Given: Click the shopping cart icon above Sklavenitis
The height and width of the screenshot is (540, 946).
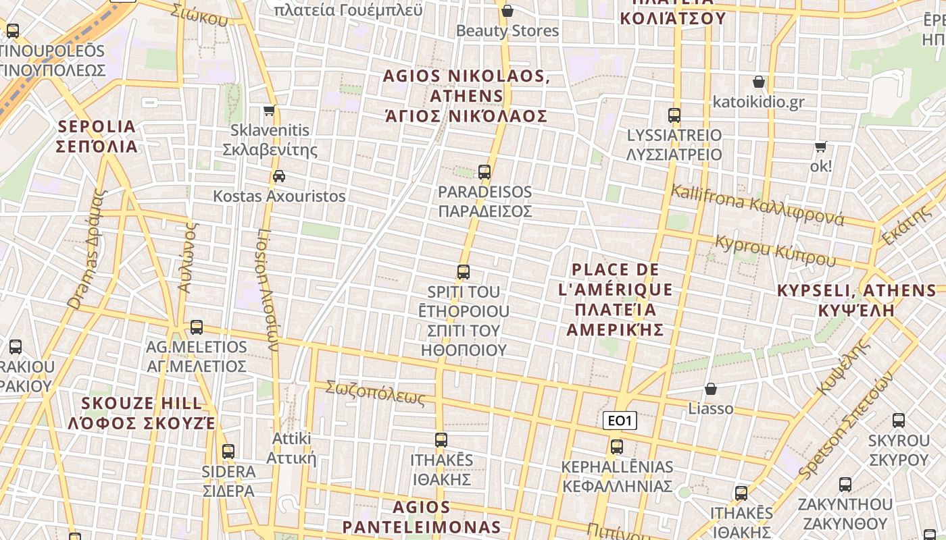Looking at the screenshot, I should [x=270, y=110].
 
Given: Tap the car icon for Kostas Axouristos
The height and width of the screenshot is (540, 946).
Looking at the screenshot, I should [x=278, y=176].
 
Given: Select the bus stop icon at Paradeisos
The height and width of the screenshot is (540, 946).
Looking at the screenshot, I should [x=484, y=171].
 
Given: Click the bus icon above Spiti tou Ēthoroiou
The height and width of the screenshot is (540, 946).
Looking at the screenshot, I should [x=463, y=272].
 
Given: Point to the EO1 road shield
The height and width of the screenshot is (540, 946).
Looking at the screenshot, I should [x=620, y=421].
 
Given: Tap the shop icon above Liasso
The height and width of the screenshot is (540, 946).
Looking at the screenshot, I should [x=710, y=389].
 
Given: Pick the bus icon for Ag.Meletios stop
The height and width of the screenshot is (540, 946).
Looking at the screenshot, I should [x=197, y=327].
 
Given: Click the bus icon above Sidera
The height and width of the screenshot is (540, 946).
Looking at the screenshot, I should [x=228, y=452].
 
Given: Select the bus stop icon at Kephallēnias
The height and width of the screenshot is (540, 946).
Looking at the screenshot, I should [x=616, y=447].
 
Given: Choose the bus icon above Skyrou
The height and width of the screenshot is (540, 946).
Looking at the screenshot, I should [x=899, y=421].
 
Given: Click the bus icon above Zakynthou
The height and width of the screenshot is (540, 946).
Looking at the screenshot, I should [x=845, y=485].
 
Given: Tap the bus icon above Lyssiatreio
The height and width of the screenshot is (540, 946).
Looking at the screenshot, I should [x=674, y=115].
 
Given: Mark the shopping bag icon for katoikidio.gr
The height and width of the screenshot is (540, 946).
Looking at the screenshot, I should [x=759, y=82].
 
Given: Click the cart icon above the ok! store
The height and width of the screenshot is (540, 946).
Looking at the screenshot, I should [x=820, y=146].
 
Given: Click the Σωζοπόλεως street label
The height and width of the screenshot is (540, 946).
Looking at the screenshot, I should [x=375, y=393].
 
